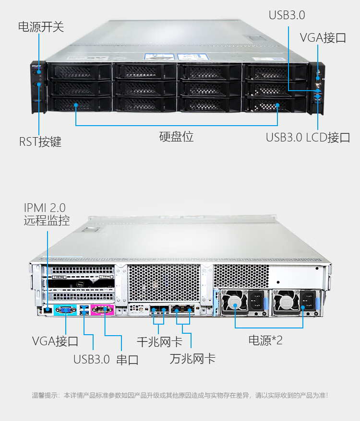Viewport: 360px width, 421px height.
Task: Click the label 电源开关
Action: [x=41, y=27]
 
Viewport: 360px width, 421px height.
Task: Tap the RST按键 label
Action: [x=40, y=141]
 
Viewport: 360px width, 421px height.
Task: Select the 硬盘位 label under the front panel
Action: [x=176, y=136]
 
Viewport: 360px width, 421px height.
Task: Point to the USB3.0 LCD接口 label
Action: [x=308, y=138]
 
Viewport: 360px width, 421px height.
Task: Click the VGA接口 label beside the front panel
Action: [x=323, y=37]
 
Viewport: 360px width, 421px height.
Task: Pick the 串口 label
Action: [x=127, y=360]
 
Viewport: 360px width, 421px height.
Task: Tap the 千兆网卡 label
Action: [x=160, y=342]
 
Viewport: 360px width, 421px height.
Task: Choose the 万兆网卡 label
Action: [x=192, y=359]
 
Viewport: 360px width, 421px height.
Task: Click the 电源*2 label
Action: [x=265, y=340]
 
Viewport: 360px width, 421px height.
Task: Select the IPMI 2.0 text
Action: [x=45, y=208]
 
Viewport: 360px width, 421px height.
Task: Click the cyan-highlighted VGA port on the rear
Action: [x=65, y=310]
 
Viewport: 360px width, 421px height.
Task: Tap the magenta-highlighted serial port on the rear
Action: [x=102, y=310]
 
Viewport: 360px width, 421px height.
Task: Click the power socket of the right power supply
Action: [x=307, y=301]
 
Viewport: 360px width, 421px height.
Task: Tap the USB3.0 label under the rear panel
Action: [x=91, y=359]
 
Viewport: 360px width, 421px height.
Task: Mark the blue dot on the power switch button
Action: [x=39, y=72]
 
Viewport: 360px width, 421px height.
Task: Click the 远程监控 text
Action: [x=47, y=221]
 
